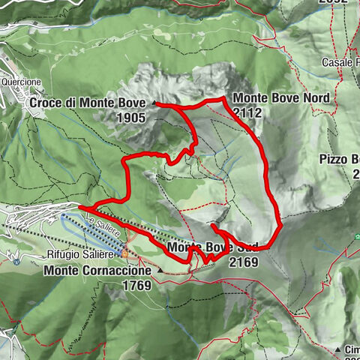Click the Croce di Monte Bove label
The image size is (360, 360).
point(90,103)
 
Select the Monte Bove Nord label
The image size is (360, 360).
point(280,98)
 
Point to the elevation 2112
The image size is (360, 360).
point(247,112)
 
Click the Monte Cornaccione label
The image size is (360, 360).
point(101,270)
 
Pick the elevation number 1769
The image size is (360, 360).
point(135,285)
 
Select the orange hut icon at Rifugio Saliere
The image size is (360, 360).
point(125,253)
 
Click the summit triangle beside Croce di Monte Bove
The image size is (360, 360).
point(154,103)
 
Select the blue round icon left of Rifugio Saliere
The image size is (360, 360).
point(16,261)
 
